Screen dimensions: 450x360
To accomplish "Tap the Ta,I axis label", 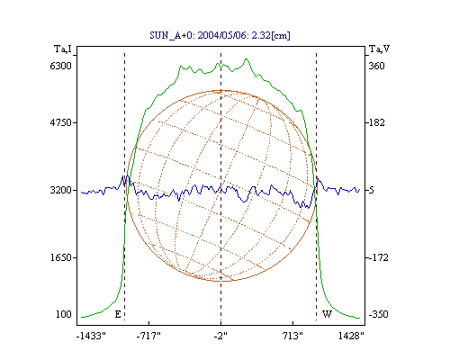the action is click(x=63, y=49).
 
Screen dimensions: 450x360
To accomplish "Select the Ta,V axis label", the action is click(x=379, y=49).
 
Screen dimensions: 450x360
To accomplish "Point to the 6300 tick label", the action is click(x=60, y=66).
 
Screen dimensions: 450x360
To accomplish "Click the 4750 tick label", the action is click(x=60, y=122).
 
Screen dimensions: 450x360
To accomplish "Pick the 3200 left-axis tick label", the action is click(x=60, y=190).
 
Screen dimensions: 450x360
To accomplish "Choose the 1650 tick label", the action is click(x=61, y=257).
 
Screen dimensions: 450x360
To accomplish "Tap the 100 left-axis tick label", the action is click(x=64, y=314).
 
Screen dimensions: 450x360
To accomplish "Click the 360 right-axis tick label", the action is click(x=376, y=66).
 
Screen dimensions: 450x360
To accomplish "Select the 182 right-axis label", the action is click(x=376, y=122).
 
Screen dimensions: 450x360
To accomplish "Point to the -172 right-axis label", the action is click(x=378, y=257).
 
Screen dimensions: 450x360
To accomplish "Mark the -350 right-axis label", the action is click(x=378, y=314).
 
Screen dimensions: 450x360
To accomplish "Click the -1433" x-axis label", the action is click(x=91, y=336).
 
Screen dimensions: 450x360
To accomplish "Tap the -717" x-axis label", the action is click(x=148, y=336).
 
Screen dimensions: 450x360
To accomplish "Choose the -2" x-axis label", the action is click(x=220, y=336).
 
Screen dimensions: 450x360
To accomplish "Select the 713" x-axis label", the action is click(x=292, y=336).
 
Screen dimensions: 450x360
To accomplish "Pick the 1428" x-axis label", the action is click(x=351, y=336).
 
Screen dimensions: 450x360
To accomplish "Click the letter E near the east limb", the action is click(x=118, y=314).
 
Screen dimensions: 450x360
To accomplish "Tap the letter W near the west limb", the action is click(x=327, y=314).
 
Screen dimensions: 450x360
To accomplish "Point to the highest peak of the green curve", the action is click(x=247, y=58).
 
